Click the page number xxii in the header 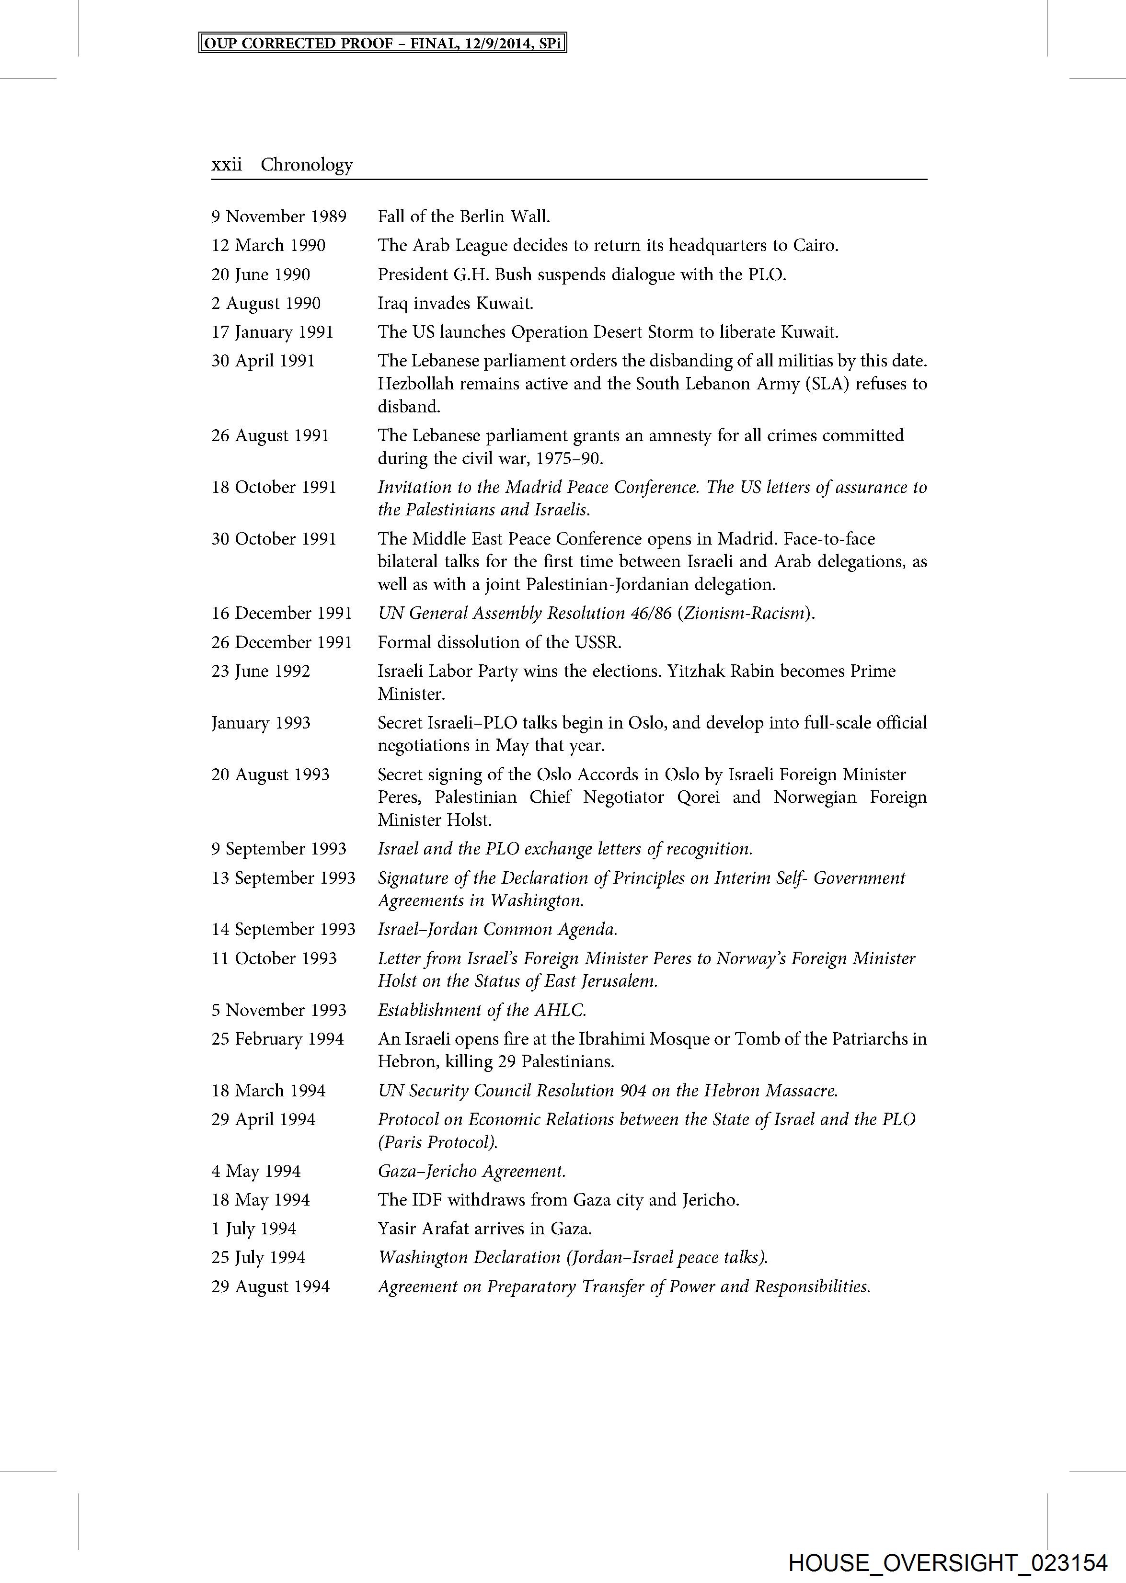tap(227, 165)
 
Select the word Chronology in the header tap(307, 165)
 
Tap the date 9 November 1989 tap(279, 217)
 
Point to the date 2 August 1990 tap(266, 304)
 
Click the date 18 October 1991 tap(274, 487)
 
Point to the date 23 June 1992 tap(261, 672)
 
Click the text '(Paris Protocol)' tap(437, 1142)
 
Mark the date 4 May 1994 tap(256, 1171)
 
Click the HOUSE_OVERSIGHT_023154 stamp tap(948, 1563)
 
